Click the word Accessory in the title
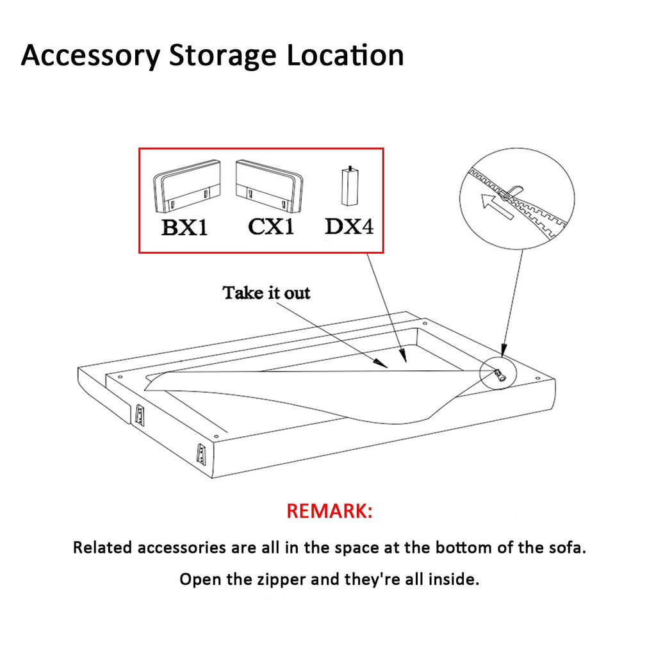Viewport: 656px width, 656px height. click(91, 56)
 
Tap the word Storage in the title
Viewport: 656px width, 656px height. click(222, 56)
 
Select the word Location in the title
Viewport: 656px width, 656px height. click(345, 55)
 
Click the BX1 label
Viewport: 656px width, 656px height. click(184, 228)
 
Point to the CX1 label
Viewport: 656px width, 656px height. click(271, 227)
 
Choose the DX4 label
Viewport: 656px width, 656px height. click(349, 226)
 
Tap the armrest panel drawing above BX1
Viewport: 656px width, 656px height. click(186, 186)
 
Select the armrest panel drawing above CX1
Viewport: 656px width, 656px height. click(269, 184)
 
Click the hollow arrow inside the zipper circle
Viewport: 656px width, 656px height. click(496, 206)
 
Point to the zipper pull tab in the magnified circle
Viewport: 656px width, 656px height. click(513, 191)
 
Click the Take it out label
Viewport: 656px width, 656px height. click(266, 293)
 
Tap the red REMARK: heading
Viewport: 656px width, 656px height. click(329, 511)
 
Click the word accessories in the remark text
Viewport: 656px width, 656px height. click(181, 548)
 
